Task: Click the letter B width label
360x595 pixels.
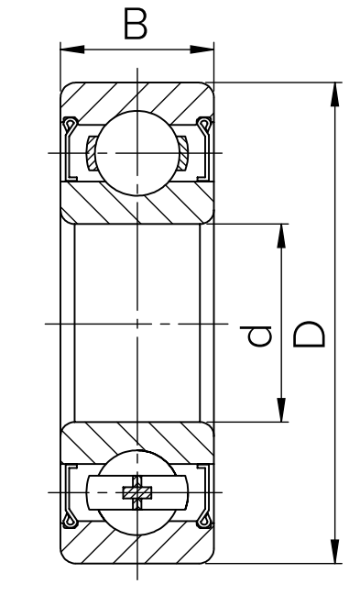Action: (x=136, y=24)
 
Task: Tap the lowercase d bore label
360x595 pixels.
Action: (x=259, y=336)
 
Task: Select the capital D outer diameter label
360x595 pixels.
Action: (x=310, y=335)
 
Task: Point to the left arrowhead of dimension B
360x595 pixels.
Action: (x=72, y=50)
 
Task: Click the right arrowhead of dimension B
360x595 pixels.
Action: (x=202, y=50)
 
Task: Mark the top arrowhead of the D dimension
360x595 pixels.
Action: (x=334, y=94)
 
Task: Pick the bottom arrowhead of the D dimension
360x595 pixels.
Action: (x=334, y=551)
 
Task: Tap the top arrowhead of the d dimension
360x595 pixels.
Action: (x=281, y=236)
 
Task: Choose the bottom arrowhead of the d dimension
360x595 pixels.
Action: (x=281, y=410)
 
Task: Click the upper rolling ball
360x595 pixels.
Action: (x=136, y=153)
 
